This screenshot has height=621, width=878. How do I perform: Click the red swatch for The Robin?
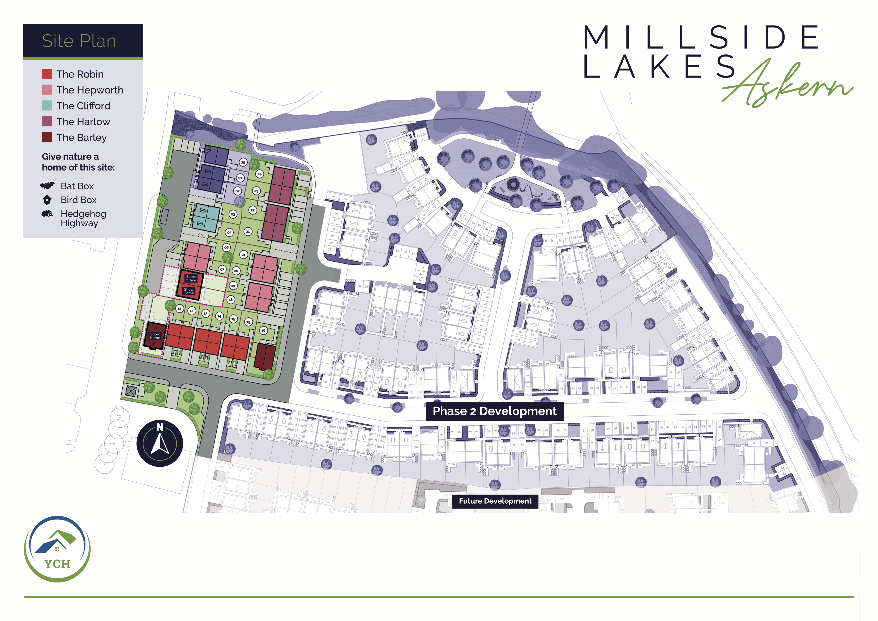click(47, 74)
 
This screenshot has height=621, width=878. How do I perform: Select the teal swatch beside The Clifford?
click(47, 106)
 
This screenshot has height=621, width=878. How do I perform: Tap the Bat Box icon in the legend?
click(47, 186)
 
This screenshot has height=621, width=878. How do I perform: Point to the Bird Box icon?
click(47, 200)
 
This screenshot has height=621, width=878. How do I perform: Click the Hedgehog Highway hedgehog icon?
click(47, 214)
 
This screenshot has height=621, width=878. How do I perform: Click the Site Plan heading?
click(79, 41)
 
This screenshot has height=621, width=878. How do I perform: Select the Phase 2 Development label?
click(494, 411)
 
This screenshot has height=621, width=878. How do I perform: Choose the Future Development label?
click(495, 501)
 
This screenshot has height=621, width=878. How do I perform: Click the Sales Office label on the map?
click(191, 278)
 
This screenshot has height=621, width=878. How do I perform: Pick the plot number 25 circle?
click(243, 163)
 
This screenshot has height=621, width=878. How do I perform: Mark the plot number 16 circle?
click(263, 330)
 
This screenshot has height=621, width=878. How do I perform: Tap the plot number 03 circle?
click(233, 215)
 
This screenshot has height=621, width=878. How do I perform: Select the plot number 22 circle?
click(253, 210)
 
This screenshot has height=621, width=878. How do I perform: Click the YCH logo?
click(57, 549)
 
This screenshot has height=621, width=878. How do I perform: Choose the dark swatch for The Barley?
click(47, 137)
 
